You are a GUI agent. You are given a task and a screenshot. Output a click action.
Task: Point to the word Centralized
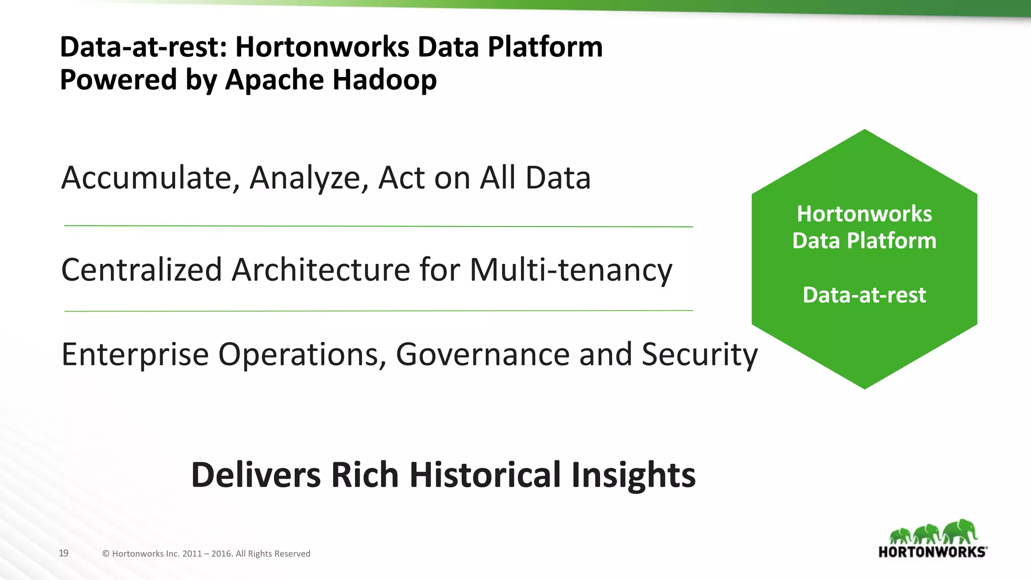(141, 270)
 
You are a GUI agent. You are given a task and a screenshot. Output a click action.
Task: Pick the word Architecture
(321, 270)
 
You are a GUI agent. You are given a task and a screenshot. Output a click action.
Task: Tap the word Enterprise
(135, 354)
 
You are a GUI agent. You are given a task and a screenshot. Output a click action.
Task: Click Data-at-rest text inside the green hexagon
(864, 295)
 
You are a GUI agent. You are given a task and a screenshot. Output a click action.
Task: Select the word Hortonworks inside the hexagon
(864, 214)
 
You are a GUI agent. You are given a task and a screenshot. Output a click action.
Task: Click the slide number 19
(63, 553)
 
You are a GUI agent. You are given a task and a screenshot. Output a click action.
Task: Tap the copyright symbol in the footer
(106, 554)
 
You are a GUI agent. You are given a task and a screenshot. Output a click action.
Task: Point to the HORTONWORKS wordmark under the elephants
(932, 552)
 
